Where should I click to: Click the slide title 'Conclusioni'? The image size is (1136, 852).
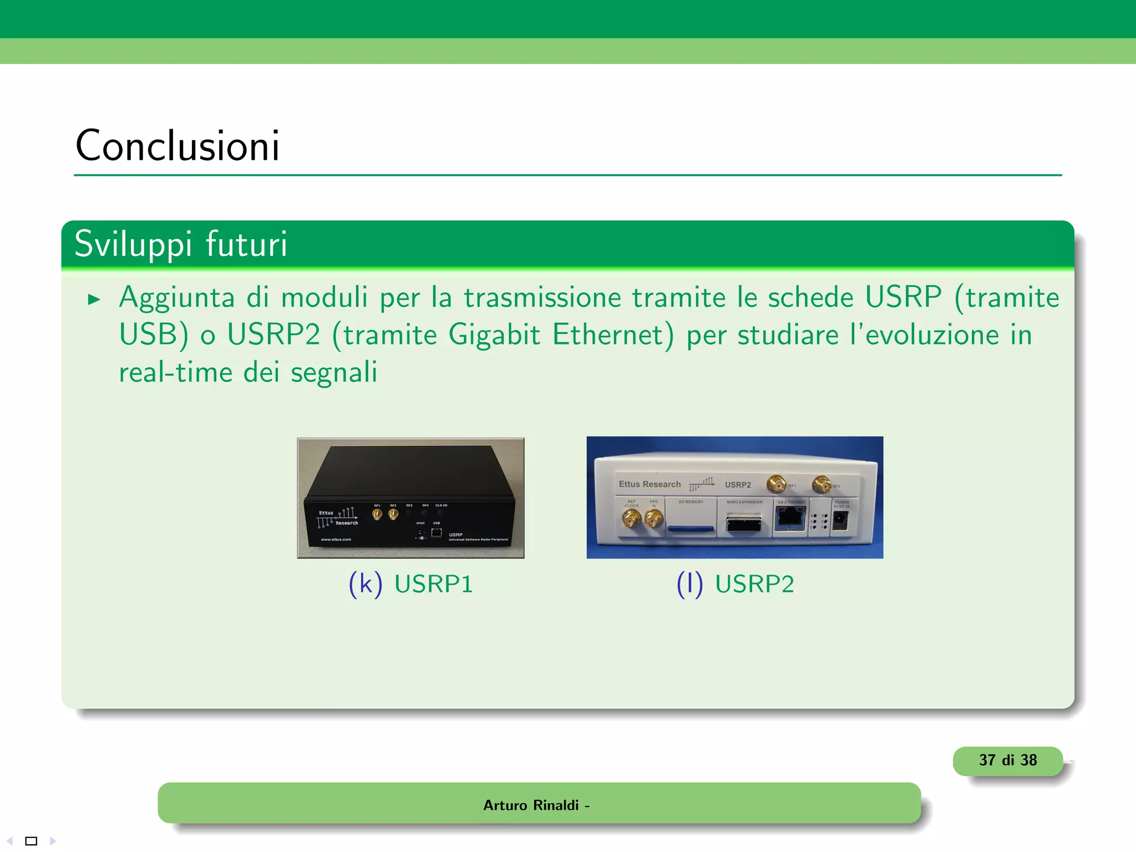click(x=177, y=146)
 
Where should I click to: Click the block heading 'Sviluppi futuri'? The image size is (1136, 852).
click(x=181, y=244)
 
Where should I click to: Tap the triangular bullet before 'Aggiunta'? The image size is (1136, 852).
click(x=94, y=300)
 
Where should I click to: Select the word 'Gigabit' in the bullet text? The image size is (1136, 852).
click(x=494, y=335)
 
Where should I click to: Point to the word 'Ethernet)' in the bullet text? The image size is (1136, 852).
click(x=613, y=335)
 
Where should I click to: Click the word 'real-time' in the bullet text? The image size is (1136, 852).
click(x=175, y=372)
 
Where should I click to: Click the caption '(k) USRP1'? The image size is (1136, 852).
click(x=410, y=584)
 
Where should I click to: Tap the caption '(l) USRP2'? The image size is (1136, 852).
click(x=735, y=584)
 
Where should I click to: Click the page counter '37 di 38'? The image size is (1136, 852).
click(x=1007, y=760)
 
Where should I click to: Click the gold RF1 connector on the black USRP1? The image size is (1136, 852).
click(x=377, y=515)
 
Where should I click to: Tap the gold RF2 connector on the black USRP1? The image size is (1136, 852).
click(x=393, y=515)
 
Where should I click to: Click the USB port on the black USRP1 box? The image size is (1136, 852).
click(x=437, y=532)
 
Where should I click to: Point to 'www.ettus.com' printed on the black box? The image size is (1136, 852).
click(x=336, y=539)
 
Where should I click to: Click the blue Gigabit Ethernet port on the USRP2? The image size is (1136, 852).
click(x=790, y=519)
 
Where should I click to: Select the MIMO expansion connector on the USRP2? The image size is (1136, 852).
click(x=744, y=524)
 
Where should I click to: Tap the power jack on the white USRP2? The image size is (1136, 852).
click(x=840, y=520)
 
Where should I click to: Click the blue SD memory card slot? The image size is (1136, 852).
click(x=691, y=529)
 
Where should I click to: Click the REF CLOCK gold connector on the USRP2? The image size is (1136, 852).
click(x=631, y=519)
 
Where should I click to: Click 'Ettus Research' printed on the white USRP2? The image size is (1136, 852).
click(x=650, y=484)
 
